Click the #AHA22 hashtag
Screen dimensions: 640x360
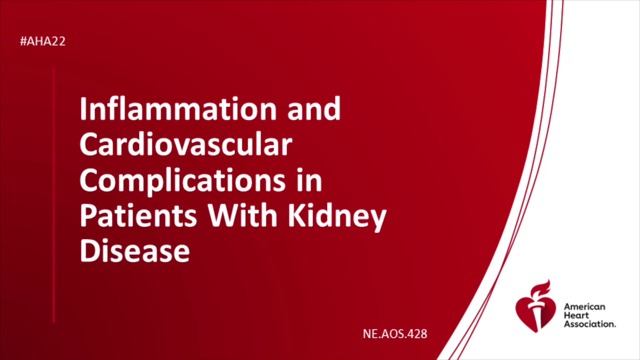43,41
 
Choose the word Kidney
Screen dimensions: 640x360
337,217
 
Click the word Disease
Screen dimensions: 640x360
135,251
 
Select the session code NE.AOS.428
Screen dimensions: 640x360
395,334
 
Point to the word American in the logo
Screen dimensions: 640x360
584,307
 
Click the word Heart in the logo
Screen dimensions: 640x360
576,315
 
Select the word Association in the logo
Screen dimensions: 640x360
590,324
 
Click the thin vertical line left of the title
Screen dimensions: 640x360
54,196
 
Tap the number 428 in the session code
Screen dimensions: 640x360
417,334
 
